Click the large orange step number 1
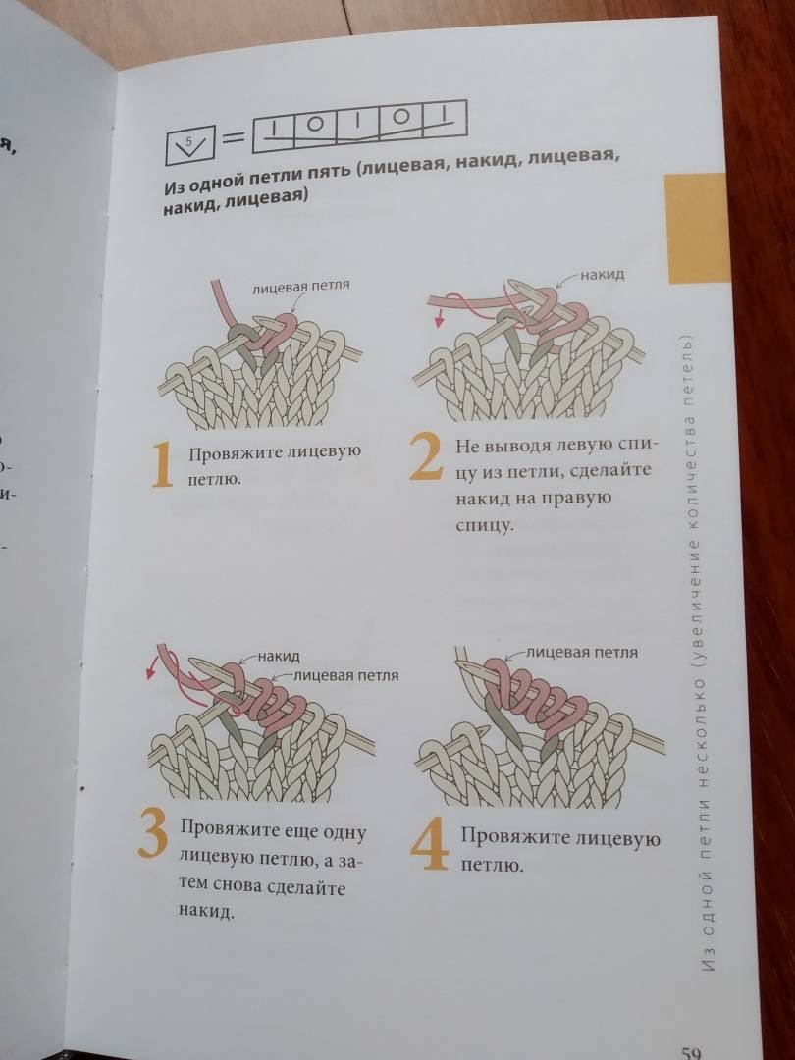pyautogui.click(x=162, y=466)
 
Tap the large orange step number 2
pyautogui.click(x=427, y=457)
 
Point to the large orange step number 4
pyautogui.click(x=430, y=845)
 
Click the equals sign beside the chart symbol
pyautogui.click(x=234, y=139)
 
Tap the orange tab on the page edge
pyautogui.click(x=696, y=229)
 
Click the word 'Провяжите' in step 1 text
pyautogui.click(x=232, y=454)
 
